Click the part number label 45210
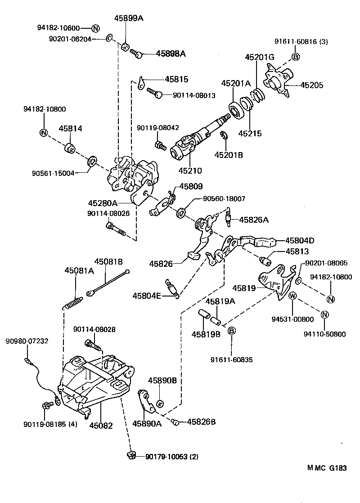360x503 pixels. pyautogui.click(x=190, y=171)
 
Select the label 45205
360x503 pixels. pyautogui.click(x=312, y=85)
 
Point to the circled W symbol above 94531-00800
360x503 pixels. pyautogui.click(x=292, y=296)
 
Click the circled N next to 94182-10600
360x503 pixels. pyautogui.click(x=95, y=28)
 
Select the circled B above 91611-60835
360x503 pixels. pyautogui.click(x=231, y=331)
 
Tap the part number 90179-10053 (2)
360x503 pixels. pyautogui.click(x=171, y=456)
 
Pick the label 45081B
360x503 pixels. pyautogui.click(x=108, y=261)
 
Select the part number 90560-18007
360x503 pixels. pyautogui.click(x=224, y=198)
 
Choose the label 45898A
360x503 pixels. pyautogui.click(x=171, y=54)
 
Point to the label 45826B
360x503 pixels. pyautogui.click(x=201, y=422)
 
